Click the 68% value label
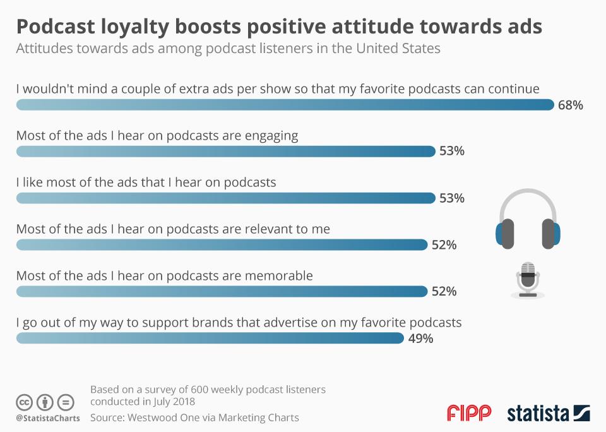570,105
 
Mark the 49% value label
420,339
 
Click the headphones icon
528,219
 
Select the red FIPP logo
469,413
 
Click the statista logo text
538,414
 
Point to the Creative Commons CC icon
25,402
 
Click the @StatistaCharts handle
48,418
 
